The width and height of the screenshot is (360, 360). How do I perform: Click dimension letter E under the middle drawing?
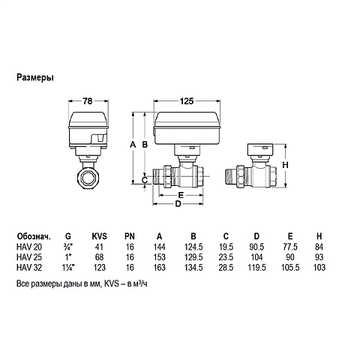coord(181,193)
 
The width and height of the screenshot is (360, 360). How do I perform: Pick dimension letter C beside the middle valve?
coord(144,180)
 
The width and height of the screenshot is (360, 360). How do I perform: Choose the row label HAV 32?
coord(30,268)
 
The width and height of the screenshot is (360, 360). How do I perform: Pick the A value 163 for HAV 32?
coord(159,268)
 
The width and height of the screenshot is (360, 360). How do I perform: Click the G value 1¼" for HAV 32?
coord(69,268)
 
